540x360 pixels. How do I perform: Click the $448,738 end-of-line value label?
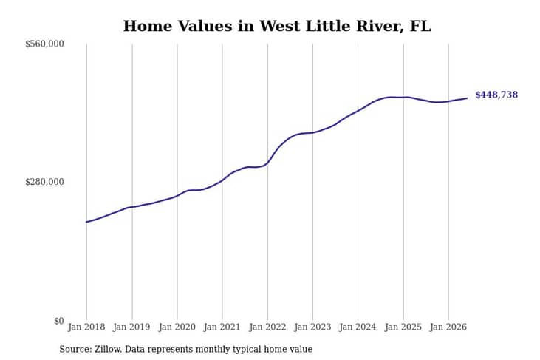(496, 95)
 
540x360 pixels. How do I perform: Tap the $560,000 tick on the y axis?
(44, 44)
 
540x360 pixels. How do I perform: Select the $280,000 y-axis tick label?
(44, 182)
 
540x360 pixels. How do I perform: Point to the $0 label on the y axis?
(59, 321)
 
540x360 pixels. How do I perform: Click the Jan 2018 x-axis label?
(86, 327)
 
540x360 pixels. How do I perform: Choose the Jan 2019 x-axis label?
(131, 327)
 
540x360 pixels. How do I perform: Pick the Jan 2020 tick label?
(177, 327)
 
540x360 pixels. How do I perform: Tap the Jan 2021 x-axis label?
(222, 327)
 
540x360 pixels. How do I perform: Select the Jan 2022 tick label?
(267, 327)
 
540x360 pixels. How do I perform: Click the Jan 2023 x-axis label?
(312, 327)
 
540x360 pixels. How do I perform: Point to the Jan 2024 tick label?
(358, 327)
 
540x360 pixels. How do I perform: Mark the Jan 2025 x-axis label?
(403, 327)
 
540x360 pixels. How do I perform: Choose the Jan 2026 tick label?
(448, 327)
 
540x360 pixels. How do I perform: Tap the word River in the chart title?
(380, 27)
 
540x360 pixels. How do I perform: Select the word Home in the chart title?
(148, 26)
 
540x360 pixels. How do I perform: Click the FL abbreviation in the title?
(420, 26)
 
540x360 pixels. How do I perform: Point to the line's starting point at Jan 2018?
(86, 222)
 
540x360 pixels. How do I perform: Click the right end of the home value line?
(467, 98)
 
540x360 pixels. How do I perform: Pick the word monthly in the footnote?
(211, 350)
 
